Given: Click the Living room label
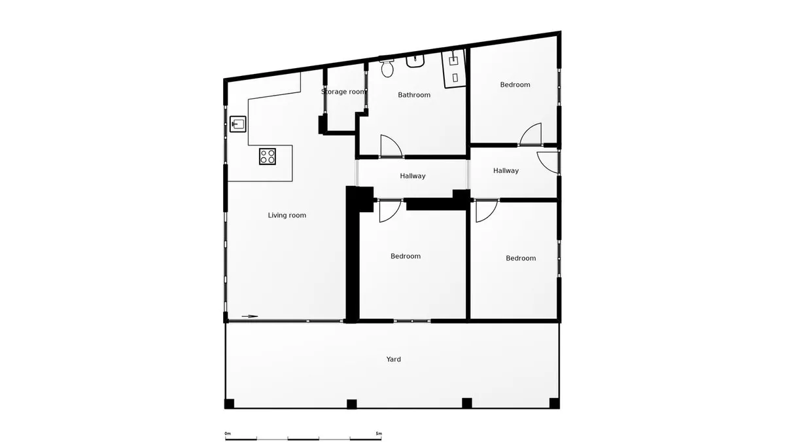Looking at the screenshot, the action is coord(287,215).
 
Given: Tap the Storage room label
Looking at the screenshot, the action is coord(343,92).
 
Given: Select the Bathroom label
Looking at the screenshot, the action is coord(414,95).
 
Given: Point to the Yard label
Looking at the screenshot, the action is coord(394,359).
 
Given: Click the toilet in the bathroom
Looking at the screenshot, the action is coord(387,68).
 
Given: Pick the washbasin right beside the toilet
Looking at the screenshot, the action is coord(415,61).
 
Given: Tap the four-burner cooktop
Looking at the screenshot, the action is coord(268,157).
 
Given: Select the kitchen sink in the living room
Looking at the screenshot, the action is coord(238,124).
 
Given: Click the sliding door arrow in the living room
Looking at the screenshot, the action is coord(250,316).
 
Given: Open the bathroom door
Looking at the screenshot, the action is coord(391,146).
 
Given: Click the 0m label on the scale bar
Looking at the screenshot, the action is coord(228,434).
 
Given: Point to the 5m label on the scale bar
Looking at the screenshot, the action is coord(379,434).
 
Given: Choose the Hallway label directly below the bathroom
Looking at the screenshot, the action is coord(413,175).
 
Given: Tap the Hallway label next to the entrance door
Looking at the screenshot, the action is coord(506,170).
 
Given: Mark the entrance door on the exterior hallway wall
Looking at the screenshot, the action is coord(548,162).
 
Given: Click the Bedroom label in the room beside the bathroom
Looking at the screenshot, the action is coord(515,84).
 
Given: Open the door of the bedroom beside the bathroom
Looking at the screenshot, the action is coord(531,134).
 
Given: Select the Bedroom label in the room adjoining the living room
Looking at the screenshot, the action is coord(406,256).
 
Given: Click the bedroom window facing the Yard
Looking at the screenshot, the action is coord(412,321).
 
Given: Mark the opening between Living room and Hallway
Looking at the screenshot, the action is coord(357,173).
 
